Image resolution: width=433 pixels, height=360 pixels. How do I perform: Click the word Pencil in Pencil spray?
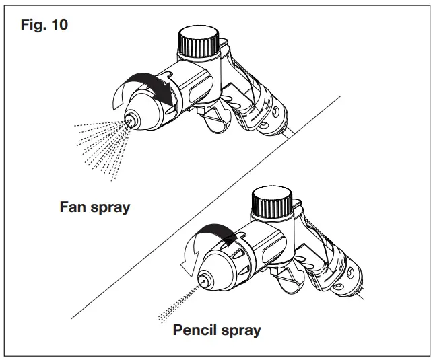pyautogui.click(x=196, y=330)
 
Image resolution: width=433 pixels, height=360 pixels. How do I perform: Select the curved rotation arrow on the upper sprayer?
pyautogui.click(x=140, y=86)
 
